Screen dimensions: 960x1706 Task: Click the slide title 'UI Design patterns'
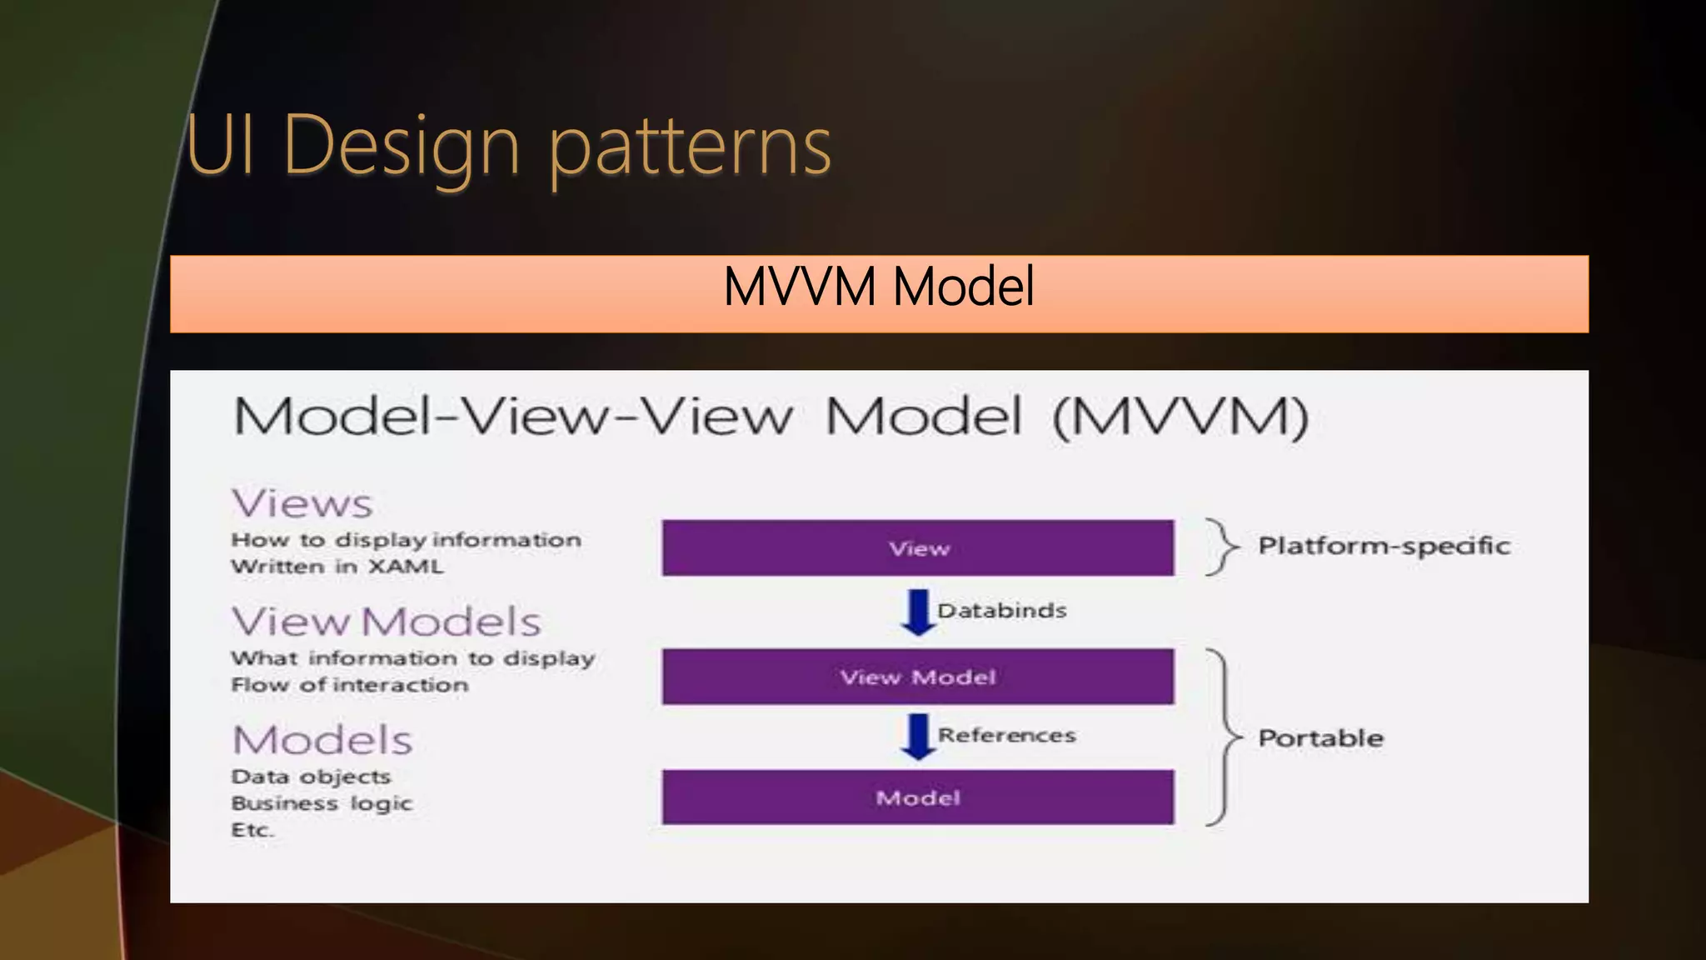pyautogui.click(x=508, y=146)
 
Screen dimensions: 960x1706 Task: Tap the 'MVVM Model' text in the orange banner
pyautogui.click(x=879, y=287)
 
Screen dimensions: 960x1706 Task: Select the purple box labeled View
pyautogui.click(x=918, y=547)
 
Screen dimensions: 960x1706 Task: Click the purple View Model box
pyautogui.click(x=918, y=677)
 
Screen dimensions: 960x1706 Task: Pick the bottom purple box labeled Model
pyautogui.click(x=918, y=797)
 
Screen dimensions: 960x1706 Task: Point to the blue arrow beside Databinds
pyautogui.click(x=918, y=612)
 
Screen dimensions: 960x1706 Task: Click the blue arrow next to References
pyautogui.click(x=918, y=736)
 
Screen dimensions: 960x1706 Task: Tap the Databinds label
pyautogui.click(x=1001, y=611)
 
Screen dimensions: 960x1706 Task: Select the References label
pyautogui.click(x=1006, y=735)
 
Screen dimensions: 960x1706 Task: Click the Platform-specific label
pyautogui.click(x=1384, y=546)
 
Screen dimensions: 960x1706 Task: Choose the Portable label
pyautogui.click(x=1320, y=737)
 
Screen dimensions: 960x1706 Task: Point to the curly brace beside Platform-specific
pyautogui.click(x=1221, y=547)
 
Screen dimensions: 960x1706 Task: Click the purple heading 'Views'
pyautogui.click(x=302, y=503)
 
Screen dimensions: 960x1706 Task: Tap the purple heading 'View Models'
pyautogui.click(x=387, y=622)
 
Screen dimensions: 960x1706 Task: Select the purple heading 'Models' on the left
pyautogui.click(x=322, y=740)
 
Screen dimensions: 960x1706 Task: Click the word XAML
pyautogui.click(x=406, y=567)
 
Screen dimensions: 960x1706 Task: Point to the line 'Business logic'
pyautogui.click(x=322, y=803)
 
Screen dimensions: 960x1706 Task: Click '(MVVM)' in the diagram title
pyautogui.click(x=1180, y=417)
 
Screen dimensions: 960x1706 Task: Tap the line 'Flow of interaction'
pyautogui.click(x=350, y=685)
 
